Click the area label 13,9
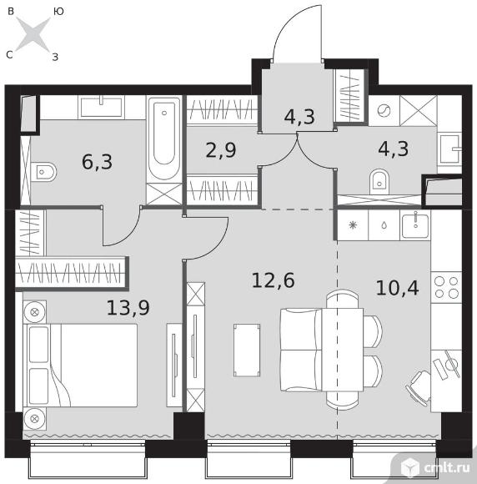point(128,308)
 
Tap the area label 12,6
point(273,280)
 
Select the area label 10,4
point(398,288)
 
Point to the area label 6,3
point(98,162)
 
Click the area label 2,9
point(221,150)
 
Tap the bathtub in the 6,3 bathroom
point(164,139)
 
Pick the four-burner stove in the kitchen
point(446,287)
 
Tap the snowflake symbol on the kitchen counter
point(353,225)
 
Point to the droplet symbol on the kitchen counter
point(384,225)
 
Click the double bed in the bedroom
point(82,366)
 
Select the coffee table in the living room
point(247,350)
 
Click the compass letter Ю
point(58,12)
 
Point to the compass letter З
point(55,57)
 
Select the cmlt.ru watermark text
point(447,468)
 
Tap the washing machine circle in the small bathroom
point(384,110)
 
